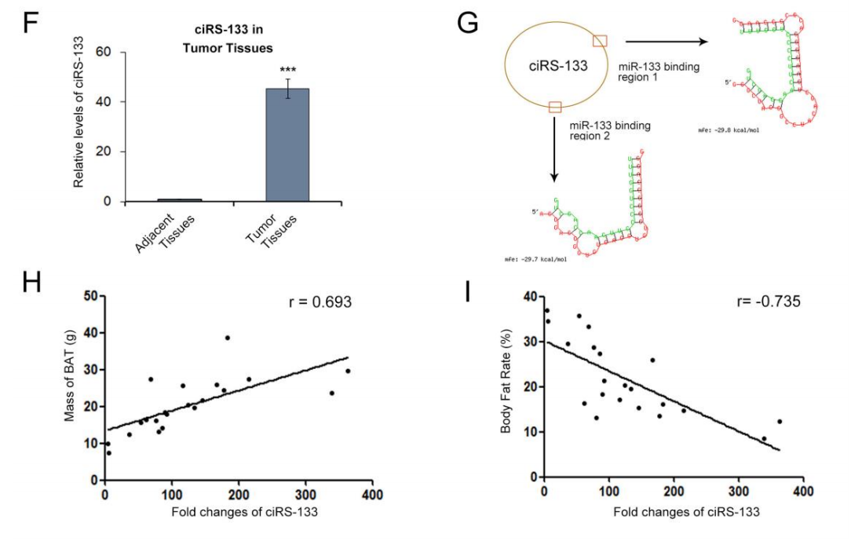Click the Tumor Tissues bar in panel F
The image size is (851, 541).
pos(287,144)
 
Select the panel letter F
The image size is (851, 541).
pos(31,23)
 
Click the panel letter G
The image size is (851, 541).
pos(468,23)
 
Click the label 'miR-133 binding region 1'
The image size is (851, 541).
pos(659,73)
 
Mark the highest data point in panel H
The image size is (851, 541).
pos(228,338)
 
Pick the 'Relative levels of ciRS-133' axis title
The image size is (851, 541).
pos(79,124)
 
